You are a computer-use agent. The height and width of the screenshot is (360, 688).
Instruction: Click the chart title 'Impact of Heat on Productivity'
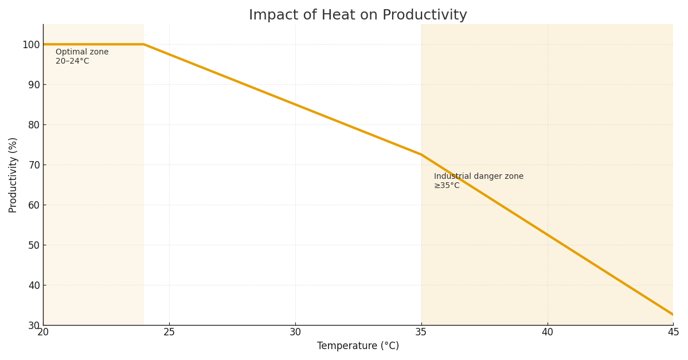tap(358, 15)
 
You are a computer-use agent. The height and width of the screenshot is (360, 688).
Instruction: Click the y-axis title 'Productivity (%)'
tap(13, 175)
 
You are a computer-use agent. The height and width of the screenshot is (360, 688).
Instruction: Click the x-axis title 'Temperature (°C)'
tap(358, 346)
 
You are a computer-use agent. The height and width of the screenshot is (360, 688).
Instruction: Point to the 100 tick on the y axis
tap(31, 45)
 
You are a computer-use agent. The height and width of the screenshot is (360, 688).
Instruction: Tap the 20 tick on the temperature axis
tap(43, 332)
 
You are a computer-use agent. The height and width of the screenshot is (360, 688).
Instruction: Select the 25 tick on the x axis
tap(169, 332)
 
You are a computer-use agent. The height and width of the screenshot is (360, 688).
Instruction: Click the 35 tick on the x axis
tap(421, 332)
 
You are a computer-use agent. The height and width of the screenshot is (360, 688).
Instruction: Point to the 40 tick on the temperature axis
tap(548, 332)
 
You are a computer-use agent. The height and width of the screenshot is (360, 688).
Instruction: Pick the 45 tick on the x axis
tap(673, 332)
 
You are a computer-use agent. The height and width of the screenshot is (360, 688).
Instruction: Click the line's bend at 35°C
tap(421, 154)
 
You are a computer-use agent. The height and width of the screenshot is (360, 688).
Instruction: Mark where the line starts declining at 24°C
tap(144, 44)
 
